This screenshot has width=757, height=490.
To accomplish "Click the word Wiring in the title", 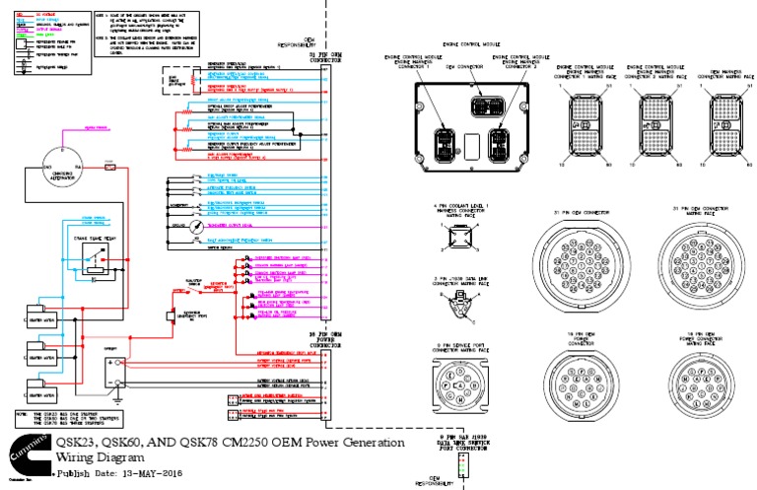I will (82, 458).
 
